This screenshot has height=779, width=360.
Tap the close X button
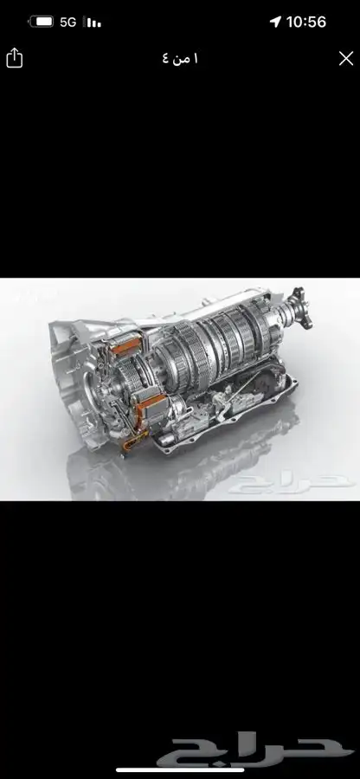(346, 59)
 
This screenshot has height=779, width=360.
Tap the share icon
(15, 58)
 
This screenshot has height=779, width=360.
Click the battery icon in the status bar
(42, 22)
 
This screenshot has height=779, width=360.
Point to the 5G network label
(68, 22)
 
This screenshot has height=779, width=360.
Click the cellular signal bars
(93, 22)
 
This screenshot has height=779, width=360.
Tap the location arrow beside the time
(275, 22)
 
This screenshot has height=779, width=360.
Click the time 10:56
(306, 22)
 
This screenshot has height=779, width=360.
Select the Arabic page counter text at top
(180, 59)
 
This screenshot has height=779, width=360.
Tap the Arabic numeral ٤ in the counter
(165, 59)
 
